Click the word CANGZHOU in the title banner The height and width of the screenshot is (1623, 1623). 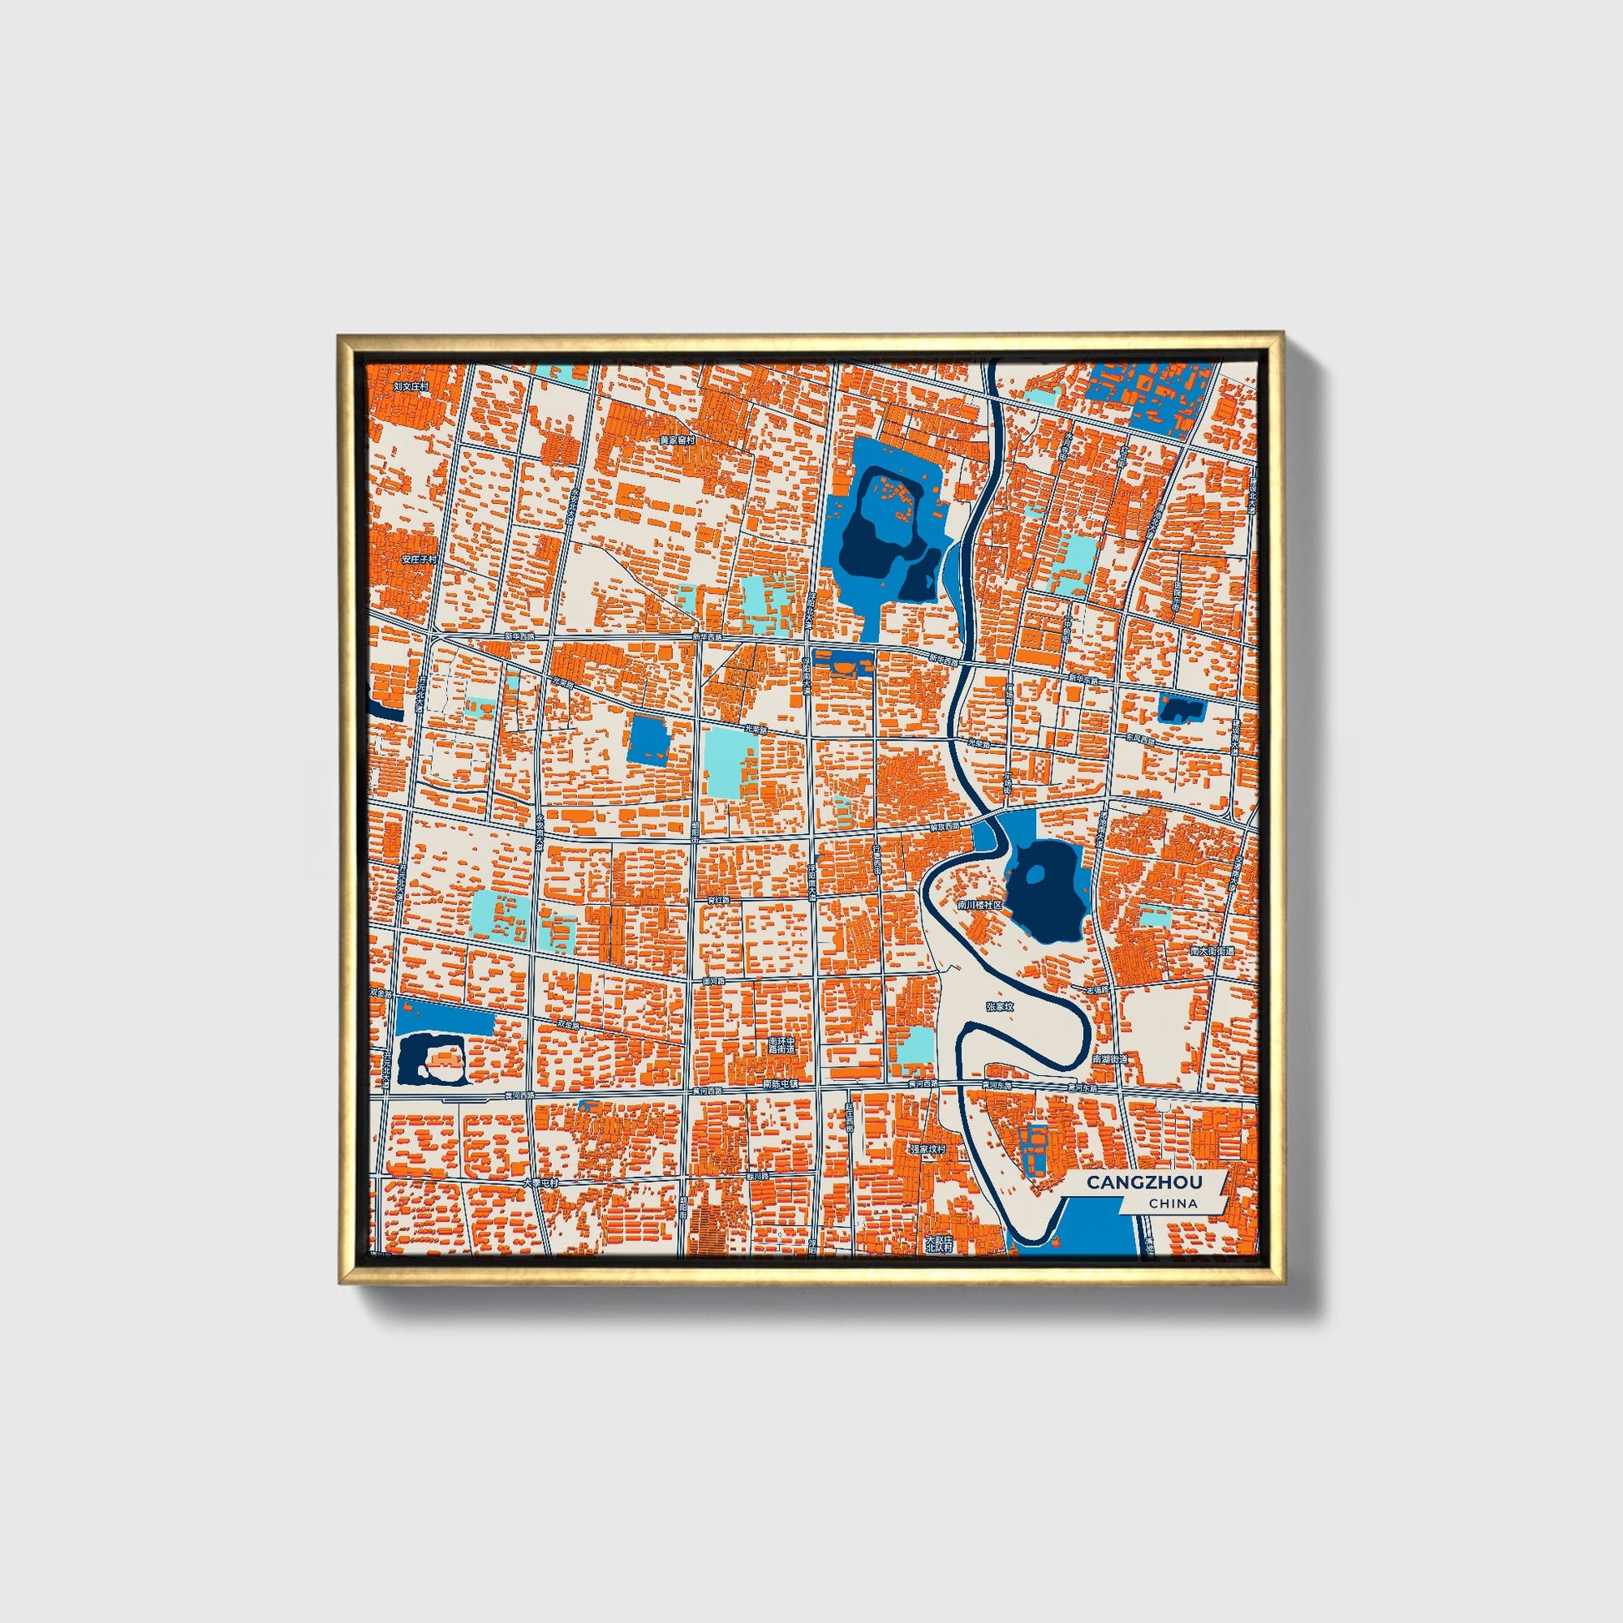pos(1143,1182)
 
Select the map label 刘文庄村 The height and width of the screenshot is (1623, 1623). pos(411,387)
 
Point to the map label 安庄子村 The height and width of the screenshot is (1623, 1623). pos(420,559)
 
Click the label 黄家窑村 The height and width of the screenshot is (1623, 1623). pos(677,440)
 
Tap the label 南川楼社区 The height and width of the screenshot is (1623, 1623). pos(980,906)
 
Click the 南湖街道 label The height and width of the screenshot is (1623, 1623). pos(1111,1060)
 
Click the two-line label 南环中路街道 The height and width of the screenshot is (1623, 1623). pos(781,1046)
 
